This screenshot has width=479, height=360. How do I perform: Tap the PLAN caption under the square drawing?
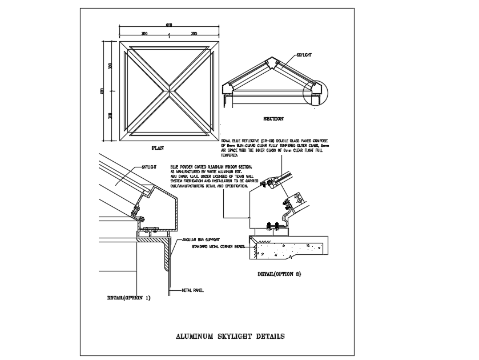(158, 148)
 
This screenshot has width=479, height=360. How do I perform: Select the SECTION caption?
(273, 119)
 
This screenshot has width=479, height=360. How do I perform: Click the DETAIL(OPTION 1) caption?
(128, 298)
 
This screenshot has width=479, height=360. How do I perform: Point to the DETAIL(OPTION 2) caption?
(279, 274)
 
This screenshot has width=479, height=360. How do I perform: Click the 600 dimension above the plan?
(169, 25)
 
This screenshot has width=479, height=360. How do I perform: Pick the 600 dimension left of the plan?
(102, 91)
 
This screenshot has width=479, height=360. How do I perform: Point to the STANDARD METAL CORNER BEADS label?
(218, 246)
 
